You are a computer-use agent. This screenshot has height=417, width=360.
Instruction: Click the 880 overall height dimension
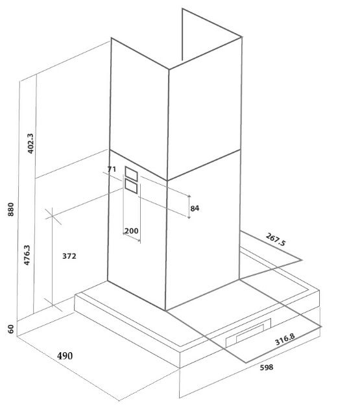(10, 209)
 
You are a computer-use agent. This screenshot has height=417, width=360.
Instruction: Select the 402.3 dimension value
(31, 143)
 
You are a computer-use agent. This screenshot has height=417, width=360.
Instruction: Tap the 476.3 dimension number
(27, 255)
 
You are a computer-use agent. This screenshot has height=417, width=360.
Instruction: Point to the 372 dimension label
(69, 256)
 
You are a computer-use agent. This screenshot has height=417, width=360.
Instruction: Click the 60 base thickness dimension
(10, 329)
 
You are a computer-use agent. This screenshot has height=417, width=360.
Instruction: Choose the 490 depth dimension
(65, 356)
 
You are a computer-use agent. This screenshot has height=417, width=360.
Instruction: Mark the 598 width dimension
(267, 367)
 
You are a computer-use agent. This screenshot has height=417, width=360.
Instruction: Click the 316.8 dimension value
(285, 339)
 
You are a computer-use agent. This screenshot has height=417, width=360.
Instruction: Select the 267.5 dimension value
(276, 239)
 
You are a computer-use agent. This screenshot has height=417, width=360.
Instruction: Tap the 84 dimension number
(195, 208)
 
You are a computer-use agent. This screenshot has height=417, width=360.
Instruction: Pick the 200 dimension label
(132, 231)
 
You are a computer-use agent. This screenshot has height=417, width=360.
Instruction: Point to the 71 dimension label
(112, 169)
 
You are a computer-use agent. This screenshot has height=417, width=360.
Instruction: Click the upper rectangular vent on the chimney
(131, 174)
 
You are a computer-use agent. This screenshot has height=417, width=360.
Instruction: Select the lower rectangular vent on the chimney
(131, 186)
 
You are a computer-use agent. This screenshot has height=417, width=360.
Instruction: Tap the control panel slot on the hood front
(248, 333)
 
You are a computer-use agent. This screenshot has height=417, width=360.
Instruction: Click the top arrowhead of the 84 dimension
(189, 197)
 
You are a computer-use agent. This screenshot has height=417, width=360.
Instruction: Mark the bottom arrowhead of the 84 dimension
(189, 217)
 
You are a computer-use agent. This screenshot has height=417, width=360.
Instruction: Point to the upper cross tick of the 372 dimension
(53, 216)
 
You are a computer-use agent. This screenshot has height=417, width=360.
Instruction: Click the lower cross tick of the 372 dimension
(53, 305)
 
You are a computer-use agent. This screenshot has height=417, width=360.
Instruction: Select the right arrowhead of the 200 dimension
(139, 241)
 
